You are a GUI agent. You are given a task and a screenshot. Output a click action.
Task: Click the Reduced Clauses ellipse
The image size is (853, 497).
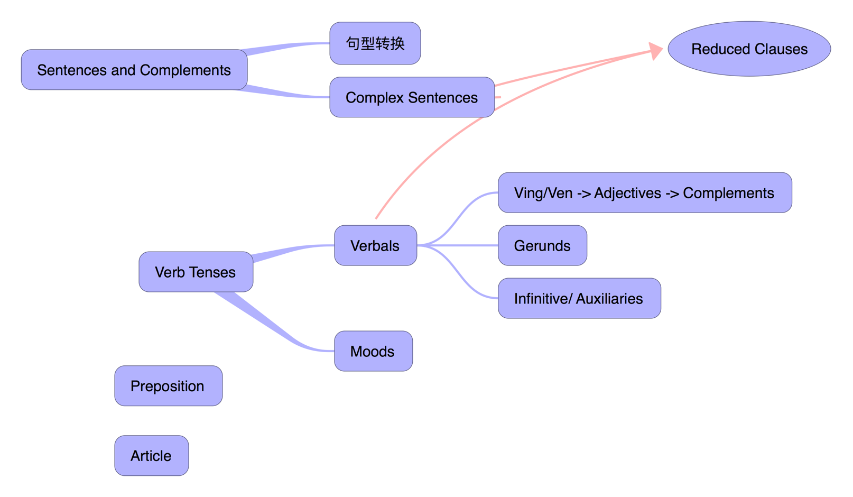tap(749, 49)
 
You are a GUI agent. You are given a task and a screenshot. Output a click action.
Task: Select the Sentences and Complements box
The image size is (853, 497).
tap(134, 70)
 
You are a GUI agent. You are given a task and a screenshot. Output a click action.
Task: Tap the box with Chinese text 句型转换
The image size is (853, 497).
tap(375, 43)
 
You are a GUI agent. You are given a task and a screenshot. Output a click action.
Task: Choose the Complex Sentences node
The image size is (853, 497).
tap(412, 97)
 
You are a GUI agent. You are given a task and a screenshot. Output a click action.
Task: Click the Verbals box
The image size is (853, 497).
tap(375, 245)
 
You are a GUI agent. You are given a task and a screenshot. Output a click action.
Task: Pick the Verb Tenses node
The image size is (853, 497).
tap(196, 272)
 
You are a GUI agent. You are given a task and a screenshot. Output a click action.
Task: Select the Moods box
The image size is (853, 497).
tap(373, 351)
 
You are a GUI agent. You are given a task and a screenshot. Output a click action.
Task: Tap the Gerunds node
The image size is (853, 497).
tap(542, 245)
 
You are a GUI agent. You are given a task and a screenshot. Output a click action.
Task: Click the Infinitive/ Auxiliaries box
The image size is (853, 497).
tap(579, 298)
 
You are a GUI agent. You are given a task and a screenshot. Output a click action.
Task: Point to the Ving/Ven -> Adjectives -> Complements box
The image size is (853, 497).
tap(644, 192)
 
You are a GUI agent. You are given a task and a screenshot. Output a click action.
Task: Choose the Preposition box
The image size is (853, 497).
tap(168, 386)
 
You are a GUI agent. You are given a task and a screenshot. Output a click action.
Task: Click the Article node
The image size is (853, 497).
tap(151, 456)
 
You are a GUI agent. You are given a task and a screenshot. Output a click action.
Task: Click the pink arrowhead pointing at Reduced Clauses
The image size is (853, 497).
tap(656, 51)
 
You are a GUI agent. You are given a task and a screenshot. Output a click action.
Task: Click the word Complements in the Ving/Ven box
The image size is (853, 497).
tap(728, 193)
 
